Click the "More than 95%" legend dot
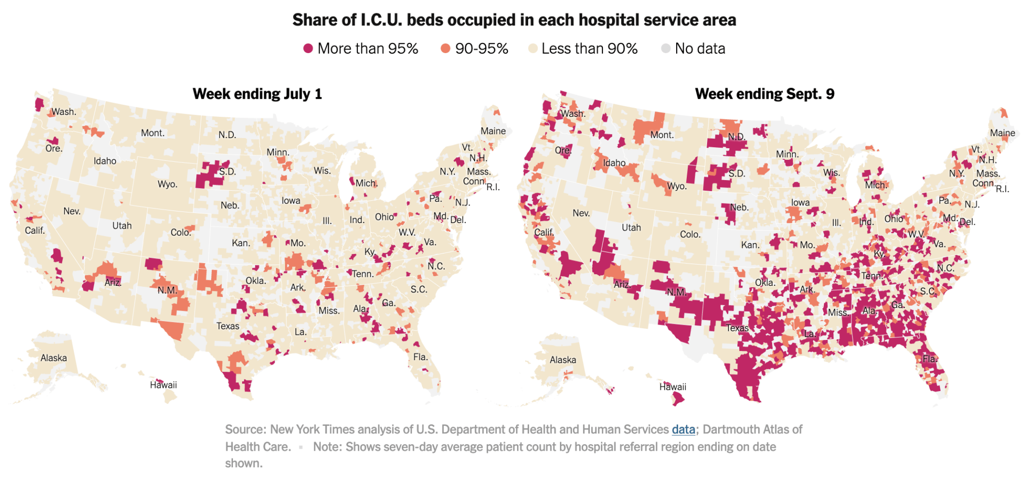(x=308, y=49)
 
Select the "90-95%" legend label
(x=481, y=49)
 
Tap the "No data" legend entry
(x=699, y=49)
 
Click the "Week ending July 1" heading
(x=257, y=94)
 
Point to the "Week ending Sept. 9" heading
(x=764, y=94)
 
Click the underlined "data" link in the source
(x=683, y=429)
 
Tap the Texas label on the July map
(x=227, y=326)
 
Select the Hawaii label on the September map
(x=673, y=387)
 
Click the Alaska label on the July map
(x=54, y=358)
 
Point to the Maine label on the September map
(x=1002, y=133)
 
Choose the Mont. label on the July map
(x=153, y=133)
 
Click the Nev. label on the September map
(x=581, y=213)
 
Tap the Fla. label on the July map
(x=420, y=357)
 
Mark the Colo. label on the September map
(x=690, y=235)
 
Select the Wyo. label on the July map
(x=167, y=184)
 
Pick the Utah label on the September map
(x=631, y=228)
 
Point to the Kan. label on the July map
(x=241, y=243)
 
